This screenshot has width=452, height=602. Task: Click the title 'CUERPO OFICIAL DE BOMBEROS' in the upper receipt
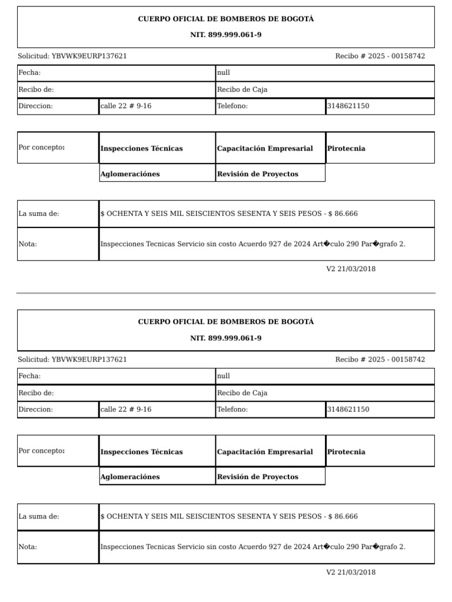coord(225,19)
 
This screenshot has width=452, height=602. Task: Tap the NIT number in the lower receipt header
coord(225,338)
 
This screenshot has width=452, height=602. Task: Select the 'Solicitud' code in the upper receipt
coord(89,56)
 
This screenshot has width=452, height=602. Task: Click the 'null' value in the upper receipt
coord(224,73)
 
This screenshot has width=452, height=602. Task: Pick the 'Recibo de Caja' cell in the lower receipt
coord(242,393)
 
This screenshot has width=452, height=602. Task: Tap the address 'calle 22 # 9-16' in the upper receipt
coord(126,106)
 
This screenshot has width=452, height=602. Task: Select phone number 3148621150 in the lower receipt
coord(348,409)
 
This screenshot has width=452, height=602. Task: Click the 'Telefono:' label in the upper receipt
coord(232,106)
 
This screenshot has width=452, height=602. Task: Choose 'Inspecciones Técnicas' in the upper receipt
coord(141,149)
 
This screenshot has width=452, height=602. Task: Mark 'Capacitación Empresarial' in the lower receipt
coord(265,452)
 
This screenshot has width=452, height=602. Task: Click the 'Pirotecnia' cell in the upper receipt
coord(346,149)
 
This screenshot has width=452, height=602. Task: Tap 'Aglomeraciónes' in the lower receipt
coord(130,477)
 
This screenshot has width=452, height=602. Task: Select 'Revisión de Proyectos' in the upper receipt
coord(257,174)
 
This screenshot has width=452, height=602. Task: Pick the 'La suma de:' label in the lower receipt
coord(39,517)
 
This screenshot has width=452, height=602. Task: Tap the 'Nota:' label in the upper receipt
coord(28,244)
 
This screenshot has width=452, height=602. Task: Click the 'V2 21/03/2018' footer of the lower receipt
coord(351,572)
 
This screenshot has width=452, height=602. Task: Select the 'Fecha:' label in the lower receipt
coord(29,376)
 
